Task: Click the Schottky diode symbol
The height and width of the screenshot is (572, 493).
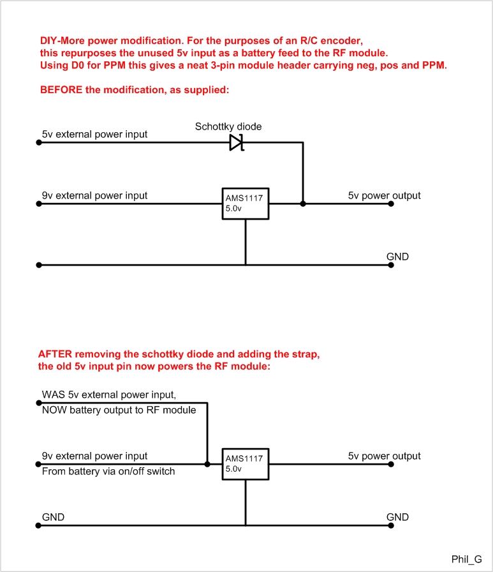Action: tap(237, 142)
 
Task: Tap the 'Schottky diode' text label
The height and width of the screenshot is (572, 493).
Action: tap(228, 126)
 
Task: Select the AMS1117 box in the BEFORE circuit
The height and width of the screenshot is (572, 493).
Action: tap(246, 204)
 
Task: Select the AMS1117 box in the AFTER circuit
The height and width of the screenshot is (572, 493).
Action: tap(246, 464)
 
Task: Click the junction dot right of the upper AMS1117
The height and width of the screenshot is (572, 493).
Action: tap(303, 204)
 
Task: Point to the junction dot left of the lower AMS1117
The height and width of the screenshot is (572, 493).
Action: tap(207, 464)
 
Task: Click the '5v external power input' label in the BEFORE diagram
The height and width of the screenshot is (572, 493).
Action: tap(94, 134)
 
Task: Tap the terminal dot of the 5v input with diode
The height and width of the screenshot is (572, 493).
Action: tap(39, 142)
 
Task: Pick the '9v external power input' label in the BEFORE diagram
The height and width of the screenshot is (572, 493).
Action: tap(94, 195)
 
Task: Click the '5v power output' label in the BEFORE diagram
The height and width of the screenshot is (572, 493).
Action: tap(384, 195)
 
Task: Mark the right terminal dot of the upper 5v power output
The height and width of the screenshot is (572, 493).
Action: tap(391, 204)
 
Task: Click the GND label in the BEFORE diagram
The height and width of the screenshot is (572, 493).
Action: tap(397, 257)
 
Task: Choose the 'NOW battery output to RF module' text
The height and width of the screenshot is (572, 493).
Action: tap(119, 410)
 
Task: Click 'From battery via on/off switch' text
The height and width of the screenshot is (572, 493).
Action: tap(108, 471)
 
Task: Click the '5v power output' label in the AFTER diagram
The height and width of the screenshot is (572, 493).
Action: tap(384, 456)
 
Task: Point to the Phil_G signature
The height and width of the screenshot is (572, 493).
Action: tap(466, 559)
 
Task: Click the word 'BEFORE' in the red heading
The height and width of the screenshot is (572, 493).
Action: tap(61, 90)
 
